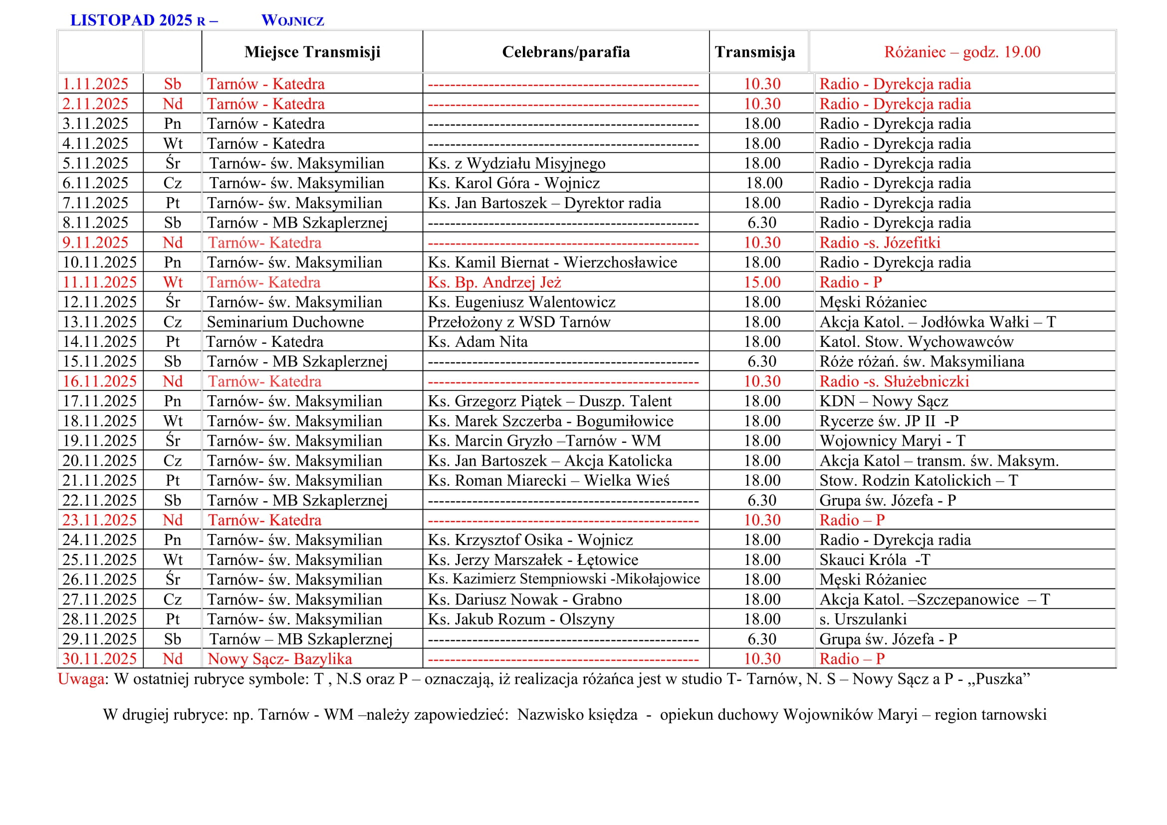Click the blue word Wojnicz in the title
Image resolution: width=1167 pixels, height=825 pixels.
tap(292, 21)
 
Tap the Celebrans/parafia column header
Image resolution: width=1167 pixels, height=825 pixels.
tap(566, 52)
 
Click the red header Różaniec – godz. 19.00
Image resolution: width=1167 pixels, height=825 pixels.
tap(962, 52)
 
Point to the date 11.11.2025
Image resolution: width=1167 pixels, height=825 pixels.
tap(100, 282)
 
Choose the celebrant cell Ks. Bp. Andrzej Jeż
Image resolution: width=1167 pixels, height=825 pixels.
tap(494, 282)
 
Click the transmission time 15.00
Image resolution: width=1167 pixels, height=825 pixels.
tap(762, 282)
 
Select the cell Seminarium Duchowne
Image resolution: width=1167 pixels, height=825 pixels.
tap(285, 322)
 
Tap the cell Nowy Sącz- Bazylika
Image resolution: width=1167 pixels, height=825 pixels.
tap(279, 659)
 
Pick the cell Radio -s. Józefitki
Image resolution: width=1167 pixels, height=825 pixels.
tap(879, 243)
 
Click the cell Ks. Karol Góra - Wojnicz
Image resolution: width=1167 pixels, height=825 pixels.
tap(513, 183)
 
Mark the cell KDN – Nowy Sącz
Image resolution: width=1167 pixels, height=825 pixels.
tap(884, 401)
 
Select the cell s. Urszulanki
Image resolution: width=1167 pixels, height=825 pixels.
tap(863, 619)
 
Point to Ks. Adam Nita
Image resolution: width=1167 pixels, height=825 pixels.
tap(478, 341)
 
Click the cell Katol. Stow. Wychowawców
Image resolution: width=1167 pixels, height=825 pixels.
tap(917, 341)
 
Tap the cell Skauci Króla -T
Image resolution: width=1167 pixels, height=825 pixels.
tap(874, 559)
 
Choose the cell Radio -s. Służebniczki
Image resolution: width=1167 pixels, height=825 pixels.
tap(894, 381)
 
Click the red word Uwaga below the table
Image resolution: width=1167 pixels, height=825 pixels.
tap(81, 679)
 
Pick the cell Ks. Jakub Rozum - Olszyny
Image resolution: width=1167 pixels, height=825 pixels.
tap(521, 619)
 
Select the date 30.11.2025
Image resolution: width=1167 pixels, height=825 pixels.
tap(100, 659)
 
